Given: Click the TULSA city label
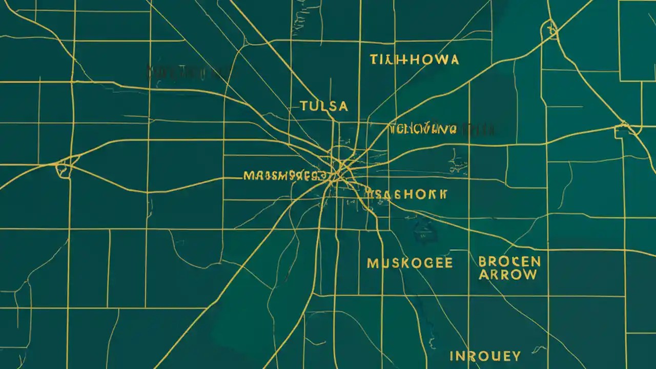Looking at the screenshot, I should [x=323, y=106].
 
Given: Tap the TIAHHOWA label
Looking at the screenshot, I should [x=414, y=60].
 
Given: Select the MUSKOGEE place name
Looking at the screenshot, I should [x=409, y=263].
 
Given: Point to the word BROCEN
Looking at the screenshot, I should [x=509, y=261].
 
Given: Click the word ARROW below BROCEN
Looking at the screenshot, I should [x=508, y=275].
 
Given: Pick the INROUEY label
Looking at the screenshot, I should [x=485, y=356].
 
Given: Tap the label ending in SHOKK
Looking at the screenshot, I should [x=406, y=194].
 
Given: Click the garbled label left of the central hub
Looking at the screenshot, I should [x=284, y=176].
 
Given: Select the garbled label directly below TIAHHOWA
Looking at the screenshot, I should [x=422, y=129].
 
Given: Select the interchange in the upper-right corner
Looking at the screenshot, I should [x=551, y=30].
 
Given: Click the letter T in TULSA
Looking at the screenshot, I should [x=303, y=106].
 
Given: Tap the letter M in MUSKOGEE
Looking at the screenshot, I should [x=373, y=263].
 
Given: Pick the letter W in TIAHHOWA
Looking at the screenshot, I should [x=440, y=60].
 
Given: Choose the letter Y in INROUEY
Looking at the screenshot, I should [x=516, y=356].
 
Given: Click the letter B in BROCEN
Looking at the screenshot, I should [x=483, y=261].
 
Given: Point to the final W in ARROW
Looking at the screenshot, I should [x=529, y=275].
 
